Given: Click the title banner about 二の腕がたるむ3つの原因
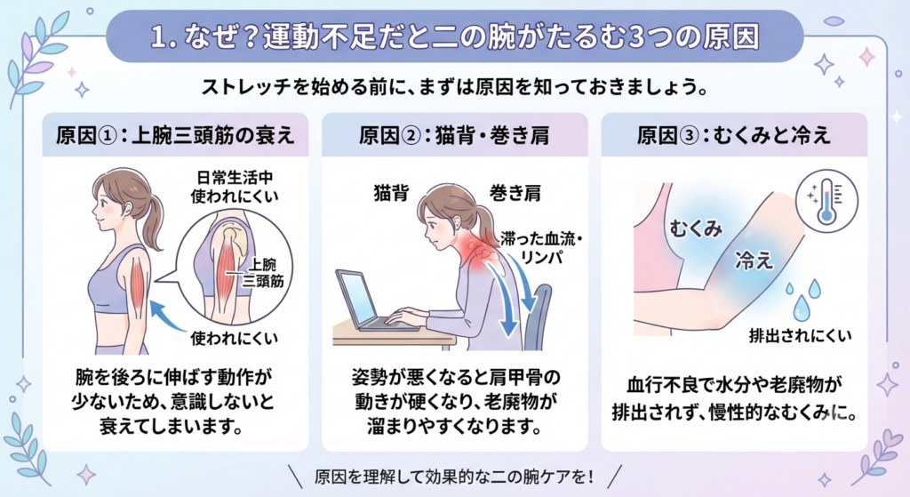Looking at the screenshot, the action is [x=455, y=36].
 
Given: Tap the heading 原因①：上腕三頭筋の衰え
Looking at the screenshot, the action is [x=175, y=135].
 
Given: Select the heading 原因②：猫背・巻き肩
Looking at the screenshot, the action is [x=454, y=135].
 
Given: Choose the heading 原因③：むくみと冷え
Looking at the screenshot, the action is [x=733, y=135].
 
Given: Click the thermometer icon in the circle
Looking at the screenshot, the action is [x=827, y=202].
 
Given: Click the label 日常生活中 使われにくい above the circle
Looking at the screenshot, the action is [x=235, y=187].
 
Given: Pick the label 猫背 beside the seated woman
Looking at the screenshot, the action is [x=392, y=193].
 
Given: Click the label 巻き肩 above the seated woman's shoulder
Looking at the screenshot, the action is [x=515, y=193].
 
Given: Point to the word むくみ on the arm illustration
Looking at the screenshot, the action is [x=696, y=228].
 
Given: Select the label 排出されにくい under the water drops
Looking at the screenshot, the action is [x=800, y=335].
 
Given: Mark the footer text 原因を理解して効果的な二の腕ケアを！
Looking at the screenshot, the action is [x=455, y=477].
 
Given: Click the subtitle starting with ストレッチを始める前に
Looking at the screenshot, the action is [x=455, y=88].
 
